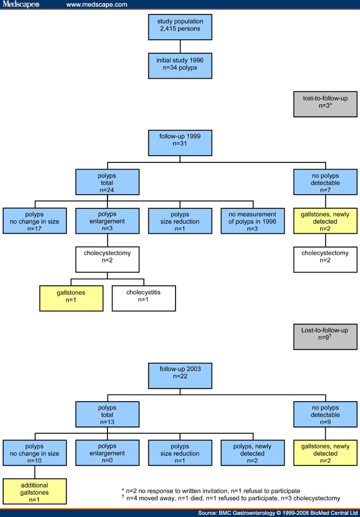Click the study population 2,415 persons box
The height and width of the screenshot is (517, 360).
[179, 25]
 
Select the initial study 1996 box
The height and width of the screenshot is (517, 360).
[179, 65]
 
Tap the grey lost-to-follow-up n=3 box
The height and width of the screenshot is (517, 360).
[325, 101]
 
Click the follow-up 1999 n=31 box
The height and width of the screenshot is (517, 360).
[179, 142]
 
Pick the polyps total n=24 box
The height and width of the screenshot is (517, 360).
[107, 182]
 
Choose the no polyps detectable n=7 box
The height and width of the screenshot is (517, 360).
[325, 182]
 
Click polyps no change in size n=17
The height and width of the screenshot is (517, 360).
[34, 221]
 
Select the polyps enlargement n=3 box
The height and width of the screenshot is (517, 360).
[107, 221]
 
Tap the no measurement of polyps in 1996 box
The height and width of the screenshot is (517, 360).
[252, 221]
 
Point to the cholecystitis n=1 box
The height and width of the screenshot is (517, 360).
[143, 298]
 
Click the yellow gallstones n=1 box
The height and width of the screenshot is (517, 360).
[71, 298]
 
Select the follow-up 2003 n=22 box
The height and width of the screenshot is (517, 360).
[179, 375]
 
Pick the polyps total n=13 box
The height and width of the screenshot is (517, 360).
[107, 414]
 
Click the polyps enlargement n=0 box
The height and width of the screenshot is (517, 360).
[107, 453]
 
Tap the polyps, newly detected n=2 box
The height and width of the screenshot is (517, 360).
[252, 453]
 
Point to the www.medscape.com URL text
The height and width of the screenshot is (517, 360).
[96, 4]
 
